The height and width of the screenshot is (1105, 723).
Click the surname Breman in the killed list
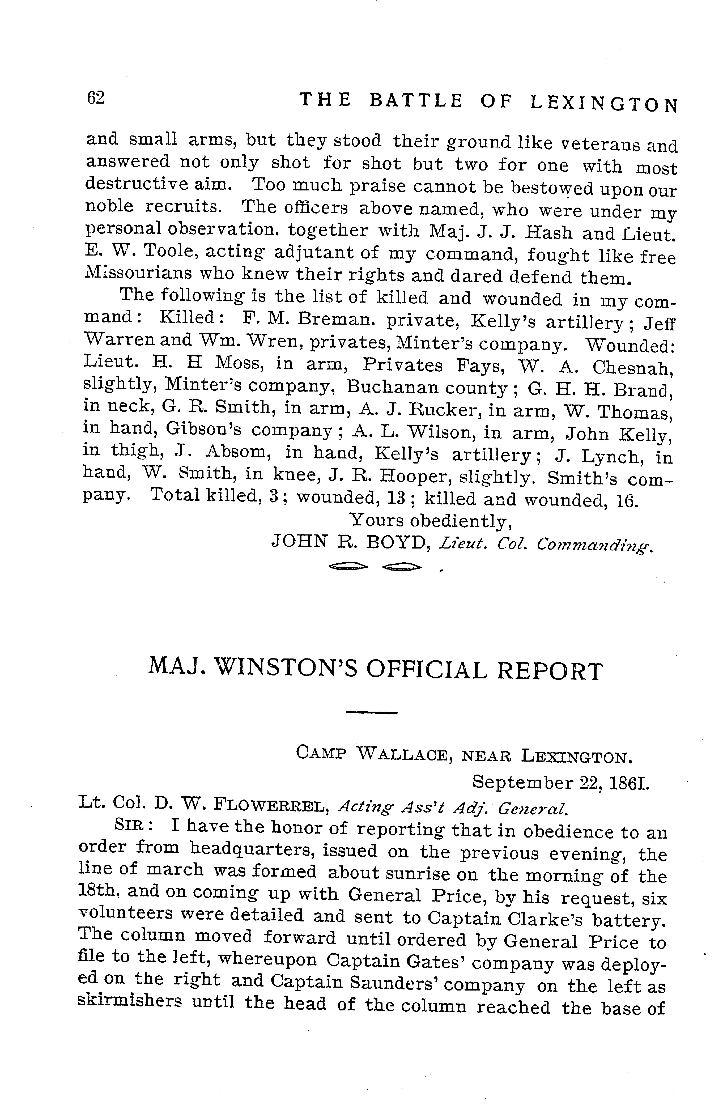(328, 319)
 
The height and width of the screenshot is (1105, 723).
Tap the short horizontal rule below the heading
(372, 712)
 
